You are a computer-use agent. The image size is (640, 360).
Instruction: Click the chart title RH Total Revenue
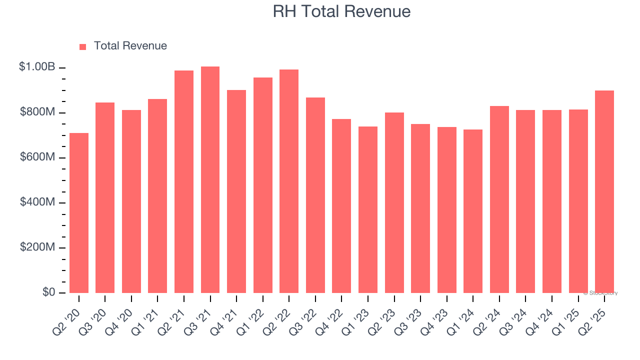click(x=341, y=11)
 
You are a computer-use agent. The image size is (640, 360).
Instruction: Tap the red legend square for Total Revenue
click(x=83, y=46)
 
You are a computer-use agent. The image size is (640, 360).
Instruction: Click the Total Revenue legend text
click(x=130, y=46)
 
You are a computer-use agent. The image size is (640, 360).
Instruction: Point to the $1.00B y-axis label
click(x=37, y=66)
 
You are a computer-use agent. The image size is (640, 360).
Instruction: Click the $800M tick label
click(x=37, y=112)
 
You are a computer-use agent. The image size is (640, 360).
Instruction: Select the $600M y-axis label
click(x=37, y=157)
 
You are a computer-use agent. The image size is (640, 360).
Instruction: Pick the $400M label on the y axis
click(x=37, y=202)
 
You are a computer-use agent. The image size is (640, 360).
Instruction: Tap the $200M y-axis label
click(x=37, y=247)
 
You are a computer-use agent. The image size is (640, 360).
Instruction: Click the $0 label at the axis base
click(x=48, y=292)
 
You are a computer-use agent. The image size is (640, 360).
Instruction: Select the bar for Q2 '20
click(x=79, y=213)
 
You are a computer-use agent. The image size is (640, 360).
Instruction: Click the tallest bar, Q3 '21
click(x=210, y=180)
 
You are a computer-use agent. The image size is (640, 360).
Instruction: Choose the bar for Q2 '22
click(x=289, y=181)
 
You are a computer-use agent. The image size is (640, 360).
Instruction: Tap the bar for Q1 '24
click(x=473, y=211)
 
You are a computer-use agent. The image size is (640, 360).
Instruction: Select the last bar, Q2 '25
click(x=604, y=191)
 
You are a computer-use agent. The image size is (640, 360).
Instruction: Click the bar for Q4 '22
click(x=341, y=206)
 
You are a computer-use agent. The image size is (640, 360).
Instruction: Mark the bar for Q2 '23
click(x=394, y=202)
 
